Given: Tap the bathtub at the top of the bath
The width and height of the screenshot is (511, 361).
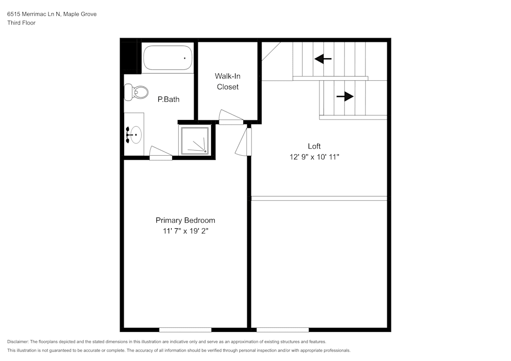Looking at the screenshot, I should pyautogui.click(x=168, y=58).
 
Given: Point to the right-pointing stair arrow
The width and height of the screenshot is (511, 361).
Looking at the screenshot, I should pyautogui.click(x=345, y=96).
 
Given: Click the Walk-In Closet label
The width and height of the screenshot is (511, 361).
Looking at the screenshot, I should pyautogui.click(x=227, y=81).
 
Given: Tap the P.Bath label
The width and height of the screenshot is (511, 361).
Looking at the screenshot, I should pyautogui.click(x=168, y=100).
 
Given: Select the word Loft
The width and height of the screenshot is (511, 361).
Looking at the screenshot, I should pyautogui.click(x=314, y=146).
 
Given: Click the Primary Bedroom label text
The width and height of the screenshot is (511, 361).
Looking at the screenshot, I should pyautogui.click(x=185, y=220).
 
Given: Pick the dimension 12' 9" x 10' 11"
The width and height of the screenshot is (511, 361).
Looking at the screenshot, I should pyautogui.click(x=314, y=158).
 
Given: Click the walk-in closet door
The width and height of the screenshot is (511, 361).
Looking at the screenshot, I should pyautogui.click(x=230, y=117).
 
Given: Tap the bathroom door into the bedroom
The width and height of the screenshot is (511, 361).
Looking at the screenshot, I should pyautogui.click(x=161, y=154).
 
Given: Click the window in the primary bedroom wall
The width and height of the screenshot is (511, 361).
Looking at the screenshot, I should pyautogui.click(x=185, y=329).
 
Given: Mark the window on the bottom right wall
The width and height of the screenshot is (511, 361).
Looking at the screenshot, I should pyautogui.click(x=283, y=329).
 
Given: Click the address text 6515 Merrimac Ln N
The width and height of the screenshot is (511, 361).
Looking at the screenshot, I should pyautogui.click(x=34, y=14).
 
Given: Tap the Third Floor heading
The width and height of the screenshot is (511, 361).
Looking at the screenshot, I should pyautogui.click(x=21, y=23).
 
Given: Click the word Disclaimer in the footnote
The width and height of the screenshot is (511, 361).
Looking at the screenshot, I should pyautogui.click(x=18, y=341).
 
